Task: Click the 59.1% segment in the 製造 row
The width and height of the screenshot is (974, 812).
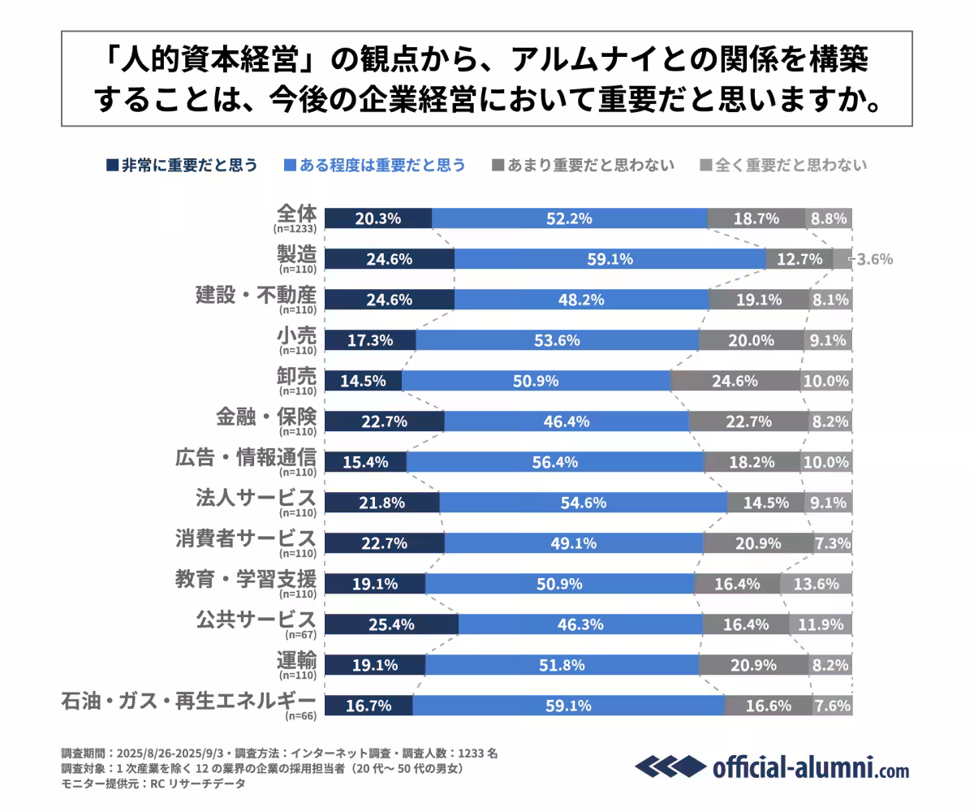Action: pyautogui.click(x=610, y=259)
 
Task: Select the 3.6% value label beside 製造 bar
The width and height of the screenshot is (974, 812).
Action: pyautogui.click(x=875, y=260)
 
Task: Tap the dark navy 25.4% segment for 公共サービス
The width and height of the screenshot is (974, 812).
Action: pyautogui.click(x=391, y=624)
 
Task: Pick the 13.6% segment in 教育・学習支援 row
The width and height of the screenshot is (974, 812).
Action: pyautogui.click(x=816, y=584)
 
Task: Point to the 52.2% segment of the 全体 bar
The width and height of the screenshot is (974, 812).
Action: pyautogui.click(x=569, y=218)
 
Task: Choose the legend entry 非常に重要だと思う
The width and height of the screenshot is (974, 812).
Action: pyautogui.click(x=183, y=165)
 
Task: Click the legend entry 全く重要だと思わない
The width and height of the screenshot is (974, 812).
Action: pyautogui.click(x=783, y=165)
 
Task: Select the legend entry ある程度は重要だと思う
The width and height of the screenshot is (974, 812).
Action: pyautogui.click(x=375, y=165)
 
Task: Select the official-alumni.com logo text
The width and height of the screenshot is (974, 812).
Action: pyautogui.click(x=810, y=766)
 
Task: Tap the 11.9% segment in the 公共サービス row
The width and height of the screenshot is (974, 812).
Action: pyautogui.click(x=821, y=624)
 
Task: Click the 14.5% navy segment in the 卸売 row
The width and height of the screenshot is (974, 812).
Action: pyautogui.click(x=363, y=381)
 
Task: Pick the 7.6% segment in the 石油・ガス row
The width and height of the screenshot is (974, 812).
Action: pyautogui.click(x=832, y=706)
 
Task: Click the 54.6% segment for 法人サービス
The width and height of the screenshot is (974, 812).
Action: pyautogui.click(x=583, y=503)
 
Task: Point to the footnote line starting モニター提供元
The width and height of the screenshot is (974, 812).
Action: pyautogui.click(x=153, y=784)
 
